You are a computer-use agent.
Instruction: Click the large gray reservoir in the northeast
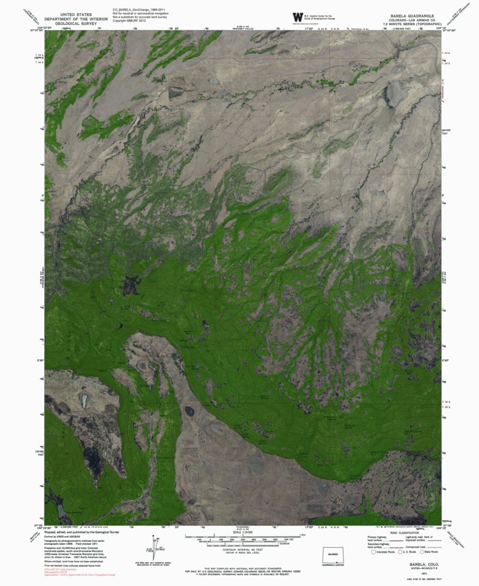(x=394, y=93)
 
